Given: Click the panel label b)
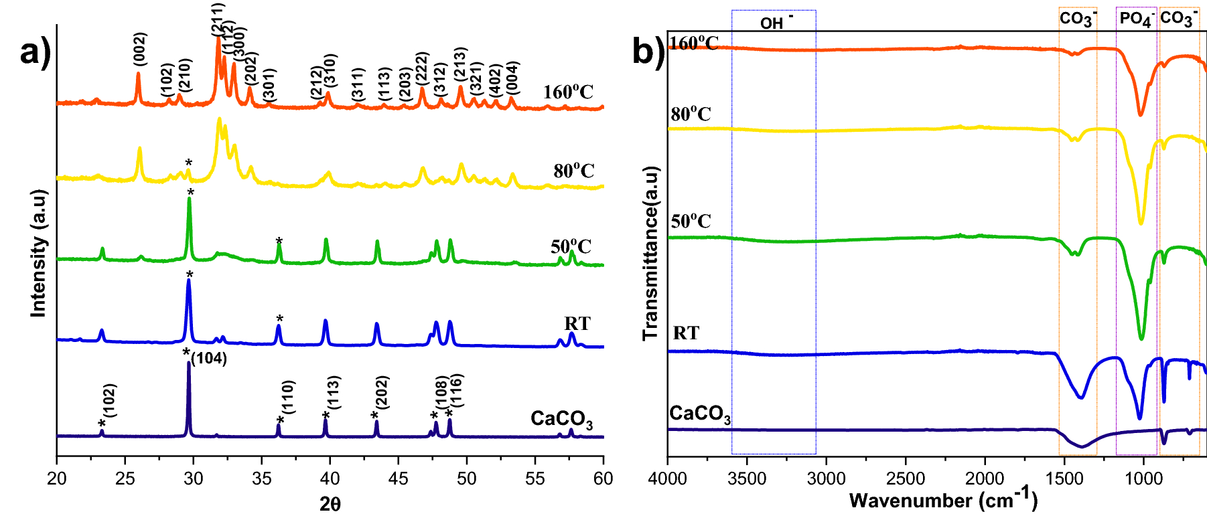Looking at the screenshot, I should click(x=648, y=50).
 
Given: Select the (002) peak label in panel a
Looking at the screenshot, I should click(x=140, y=49).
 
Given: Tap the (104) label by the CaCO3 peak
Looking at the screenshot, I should click(x=209, y=359).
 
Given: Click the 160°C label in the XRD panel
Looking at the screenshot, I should click(x=568, y=92).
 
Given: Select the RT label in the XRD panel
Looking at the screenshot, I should click(x=577, y=324).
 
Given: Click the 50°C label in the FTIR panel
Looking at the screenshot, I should click(x=691, y=222).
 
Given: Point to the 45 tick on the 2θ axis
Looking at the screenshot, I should click(x=398, y=479).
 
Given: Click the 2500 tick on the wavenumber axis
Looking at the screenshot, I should click(x=906, y=479).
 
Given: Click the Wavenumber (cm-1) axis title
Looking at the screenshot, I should click(x=943, y=500).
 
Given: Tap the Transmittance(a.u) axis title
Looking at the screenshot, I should click(x=651, y=253).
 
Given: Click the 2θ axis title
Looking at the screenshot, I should click(x=330, y=504).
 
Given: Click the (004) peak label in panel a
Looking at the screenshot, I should click(x=512, y=78).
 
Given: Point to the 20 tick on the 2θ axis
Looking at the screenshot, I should click(x=57, y=479).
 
